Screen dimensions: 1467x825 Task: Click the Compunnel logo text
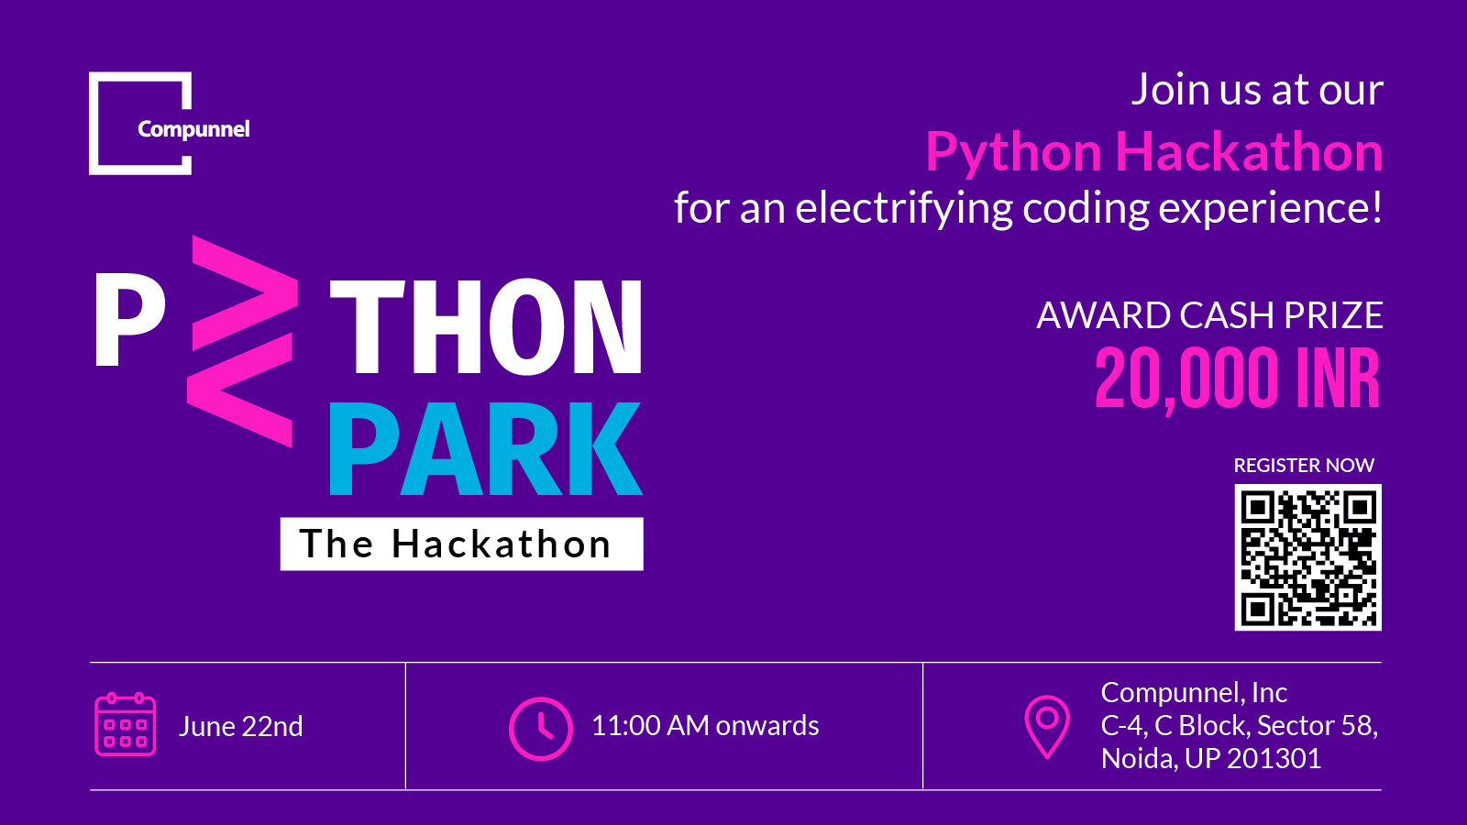193,129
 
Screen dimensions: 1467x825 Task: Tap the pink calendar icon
125,724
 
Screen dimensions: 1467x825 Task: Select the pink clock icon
541,728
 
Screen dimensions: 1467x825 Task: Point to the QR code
1307,557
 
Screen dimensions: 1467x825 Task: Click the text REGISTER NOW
1304,466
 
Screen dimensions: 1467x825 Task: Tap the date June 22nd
240,726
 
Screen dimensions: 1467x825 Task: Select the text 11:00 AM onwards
705,725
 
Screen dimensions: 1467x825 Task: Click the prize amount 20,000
1186,379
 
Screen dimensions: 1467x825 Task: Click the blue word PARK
485,448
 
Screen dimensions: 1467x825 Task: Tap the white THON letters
485,326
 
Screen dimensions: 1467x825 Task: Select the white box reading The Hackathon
462,544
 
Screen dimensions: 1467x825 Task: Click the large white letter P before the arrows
129,320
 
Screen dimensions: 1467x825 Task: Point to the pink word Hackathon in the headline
1249,152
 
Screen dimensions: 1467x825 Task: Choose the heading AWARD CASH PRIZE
1209,315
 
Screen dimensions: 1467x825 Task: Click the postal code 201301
1274,759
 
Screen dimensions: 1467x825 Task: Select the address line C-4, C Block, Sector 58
1239,725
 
